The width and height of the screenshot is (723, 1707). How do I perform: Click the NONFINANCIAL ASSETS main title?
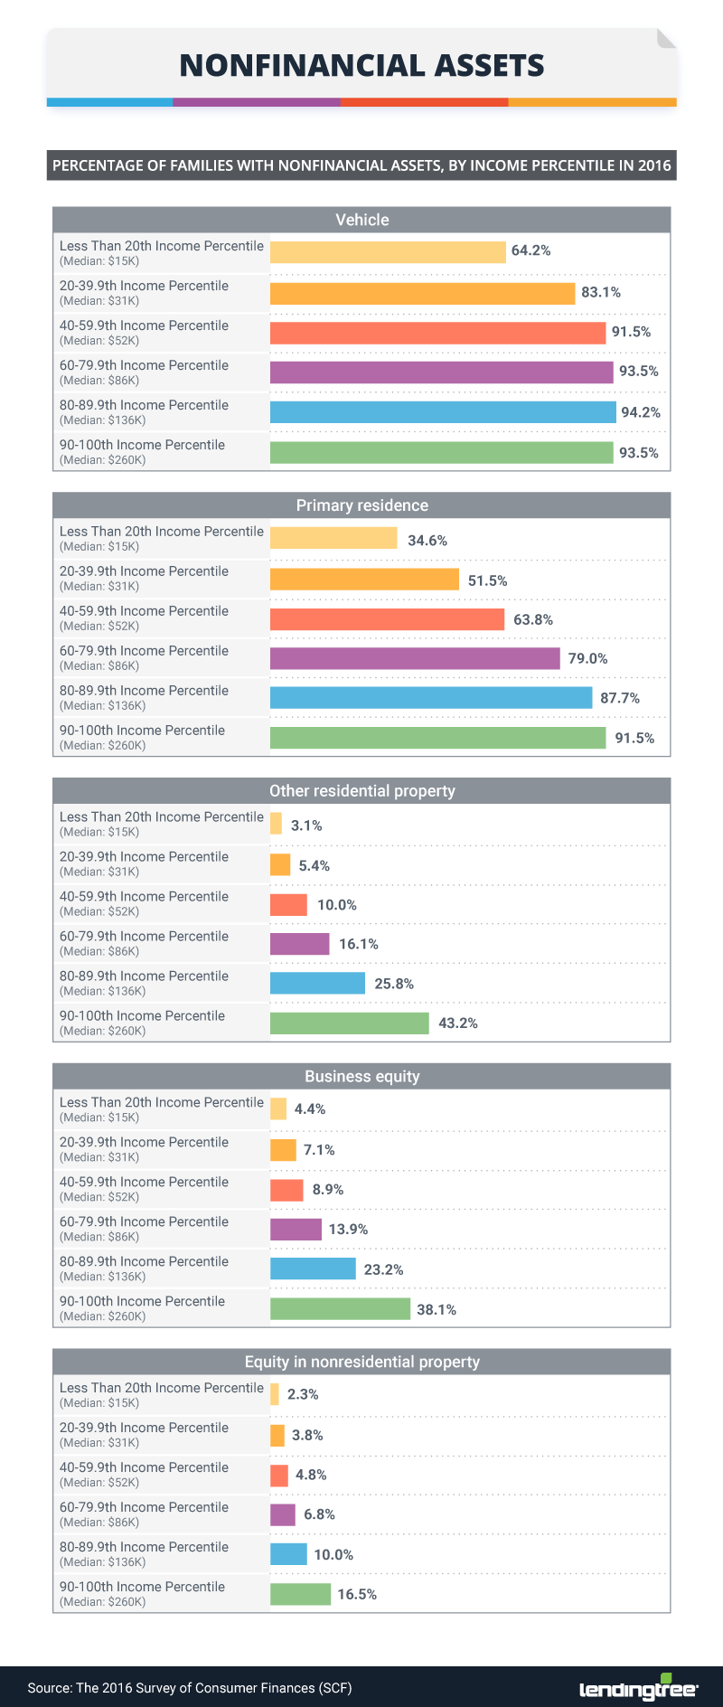[x=361, y=66]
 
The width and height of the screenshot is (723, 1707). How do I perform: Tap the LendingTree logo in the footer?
[x=638, y=1687]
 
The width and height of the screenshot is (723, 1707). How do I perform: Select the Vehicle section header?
[x=361, y=220]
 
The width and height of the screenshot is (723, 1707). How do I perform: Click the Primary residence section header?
[x=361, y=505]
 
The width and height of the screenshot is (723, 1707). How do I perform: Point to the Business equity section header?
[x=361, y=1076]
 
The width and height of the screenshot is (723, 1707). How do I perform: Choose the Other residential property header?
[x=361, y=791]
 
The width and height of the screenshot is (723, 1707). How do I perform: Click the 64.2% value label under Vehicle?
[x=531, y=250]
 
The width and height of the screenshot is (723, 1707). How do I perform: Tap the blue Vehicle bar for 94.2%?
[x=443, y=412]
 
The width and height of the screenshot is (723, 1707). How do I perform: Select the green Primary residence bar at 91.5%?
[x=437, y=738]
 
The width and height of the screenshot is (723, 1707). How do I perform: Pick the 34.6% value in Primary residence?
[x=427, y=541]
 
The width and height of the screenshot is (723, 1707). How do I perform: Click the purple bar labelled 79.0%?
[x=415, y=658]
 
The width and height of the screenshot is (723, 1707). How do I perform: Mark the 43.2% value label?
[x=458, y=1023]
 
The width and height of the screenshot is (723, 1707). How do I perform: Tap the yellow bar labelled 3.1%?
[x=277, y=824]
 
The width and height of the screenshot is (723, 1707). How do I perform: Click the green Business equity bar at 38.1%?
[x=340, y=1309]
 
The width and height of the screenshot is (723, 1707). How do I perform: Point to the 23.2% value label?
[x=383, y=1269]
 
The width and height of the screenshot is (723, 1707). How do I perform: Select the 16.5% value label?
[x=357, y=1594]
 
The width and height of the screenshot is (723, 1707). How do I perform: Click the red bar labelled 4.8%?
[x=279, y=1476]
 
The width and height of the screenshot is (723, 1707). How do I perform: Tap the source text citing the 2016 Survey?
[x=190, y=1688]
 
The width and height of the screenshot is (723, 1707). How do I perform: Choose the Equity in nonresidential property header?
[x=361, y=1362]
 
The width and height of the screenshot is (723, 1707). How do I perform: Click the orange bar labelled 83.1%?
[x=422, y=294]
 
